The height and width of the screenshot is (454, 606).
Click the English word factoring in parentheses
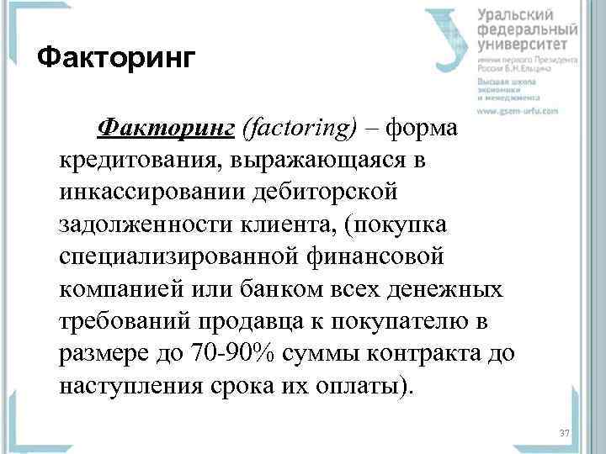(299, 128)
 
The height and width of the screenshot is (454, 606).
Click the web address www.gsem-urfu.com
(526, 111)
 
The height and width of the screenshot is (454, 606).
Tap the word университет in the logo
(528, 45)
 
